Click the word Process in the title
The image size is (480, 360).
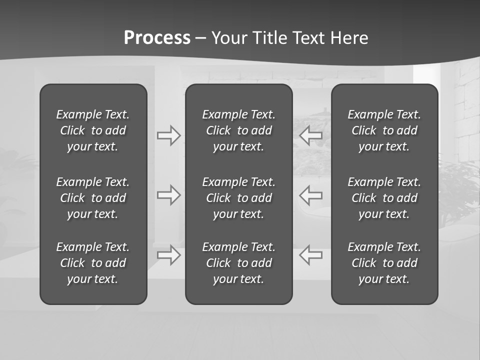pyautogui.click(x=157, y=38)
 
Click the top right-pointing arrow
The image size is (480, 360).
pyautogui.click(x=168, y=135)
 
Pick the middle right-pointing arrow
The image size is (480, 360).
pyautogui.click(x=168, y=195)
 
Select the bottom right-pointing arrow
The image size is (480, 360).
pyautogui.click(x=168, y=254)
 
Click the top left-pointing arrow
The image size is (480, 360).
pyautogui.click(x=311, y=134)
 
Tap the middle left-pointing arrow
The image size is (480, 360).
pyautogui.click(x=311, y=195)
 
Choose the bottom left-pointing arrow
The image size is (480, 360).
pyautogui.click(x=311, y=254)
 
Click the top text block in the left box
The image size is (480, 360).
pyautogui.click(x=93, y=130)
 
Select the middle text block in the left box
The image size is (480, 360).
pyautogui.click(x=93, y=198)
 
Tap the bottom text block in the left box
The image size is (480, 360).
pyautogui.click(x=93, y=263)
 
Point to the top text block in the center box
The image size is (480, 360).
pyautogui.click(x=238, y=130)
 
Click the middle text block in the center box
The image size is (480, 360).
pyautogui.click(x=238, y=198)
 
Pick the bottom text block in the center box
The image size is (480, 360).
pyautogui.click(x=238, y=263)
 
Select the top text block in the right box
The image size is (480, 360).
pyautogui.click(x=384, y=130)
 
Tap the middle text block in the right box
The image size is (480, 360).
pyautogui.click(x=384, y=198)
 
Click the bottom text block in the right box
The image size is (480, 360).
pyautogui.click(x=384, y=263)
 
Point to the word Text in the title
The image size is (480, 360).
pyautogui.click(x=309, y=38)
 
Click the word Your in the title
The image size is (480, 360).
pyautogui.click(x=229, y=38)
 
